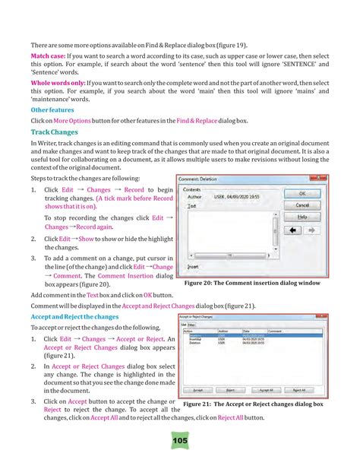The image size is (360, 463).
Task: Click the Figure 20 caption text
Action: pos(263,283)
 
